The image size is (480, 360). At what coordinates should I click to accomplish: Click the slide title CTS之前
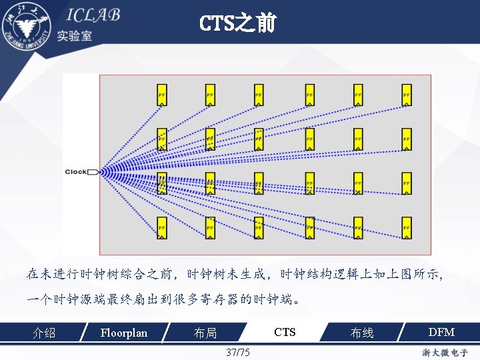pyautogui.click(x=237, y=25)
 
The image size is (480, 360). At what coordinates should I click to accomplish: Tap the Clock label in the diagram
pyautogui.click(x=75, y=172)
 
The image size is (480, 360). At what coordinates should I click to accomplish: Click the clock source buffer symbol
pyautogui.click(x=93, y=172)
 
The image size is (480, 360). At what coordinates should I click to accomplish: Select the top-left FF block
pyautogui.click(x=162, y=95)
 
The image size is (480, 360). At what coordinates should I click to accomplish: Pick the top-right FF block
pyautogui.click(x=406, y=95)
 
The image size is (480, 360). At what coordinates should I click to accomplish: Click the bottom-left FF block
pyautogui.click(x=162, y=228)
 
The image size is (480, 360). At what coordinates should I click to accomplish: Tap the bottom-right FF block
pyautogui.click(x=406, y=228)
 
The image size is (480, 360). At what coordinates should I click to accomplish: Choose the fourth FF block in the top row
pyautogui.click(x=309, y=95)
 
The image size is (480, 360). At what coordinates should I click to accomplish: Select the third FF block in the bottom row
pyautogui.click(x=259, y=228)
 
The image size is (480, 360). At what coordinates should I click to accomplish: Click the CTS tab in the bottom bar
pyautogui.click(x=285, y=332)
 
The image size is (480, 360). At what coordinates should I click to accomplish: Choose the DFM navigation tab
pyautogui.click(x=441, y=332)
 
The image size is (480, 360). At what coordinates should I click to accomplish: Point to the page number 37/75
pyautogui.click(x=238, y=352)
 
